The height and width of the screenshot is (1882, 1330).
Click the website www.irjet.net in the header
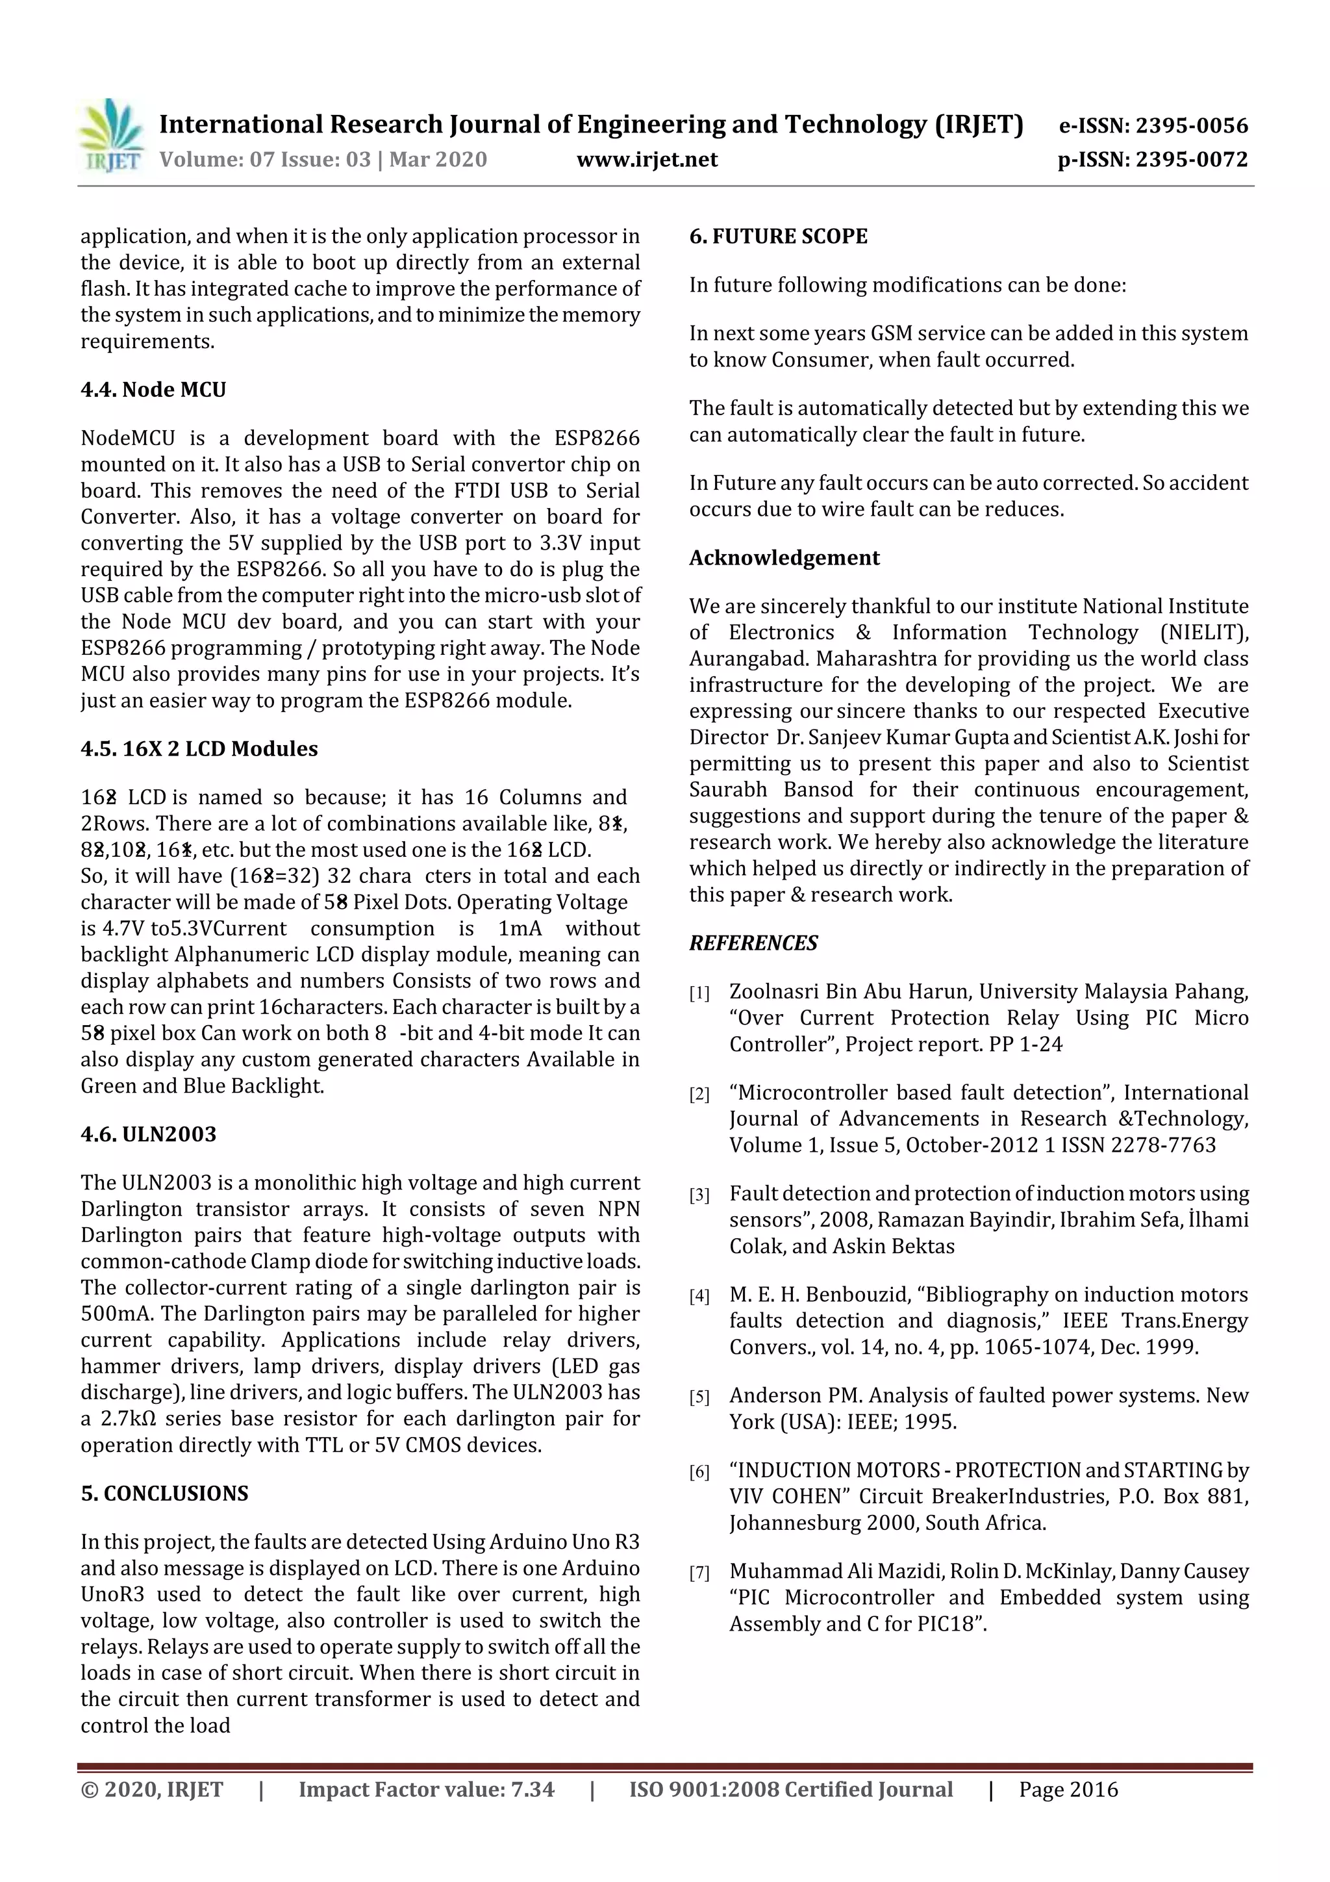647,159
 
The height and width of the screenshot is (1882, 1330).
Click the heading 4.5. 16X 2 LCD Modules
199,748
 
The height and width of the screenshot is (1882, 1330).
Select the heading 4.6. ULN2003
148,1134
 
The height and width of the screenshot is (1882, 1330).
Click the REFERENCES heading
753,943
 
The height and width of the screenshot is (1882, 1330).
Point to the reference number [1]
699,993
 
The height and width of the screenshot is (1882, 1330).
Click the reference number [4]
699,1296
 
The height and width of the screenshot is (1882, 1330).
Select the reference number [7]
699,1573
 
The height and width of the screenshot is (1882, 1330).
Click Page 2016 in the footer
1068,1789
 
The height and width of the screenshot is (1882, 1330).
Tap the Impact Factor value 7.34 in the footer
532,1789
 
